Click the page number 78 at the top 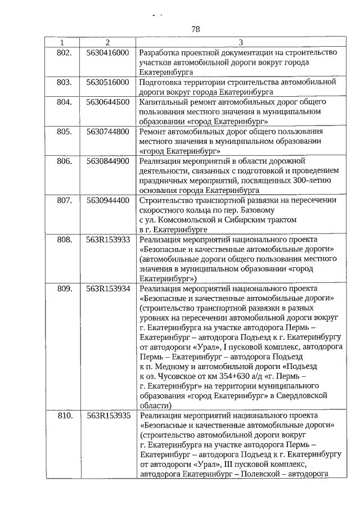tap(196, 29)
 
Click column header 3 tap(241, 42)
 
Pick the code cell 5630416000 tap(108, 52)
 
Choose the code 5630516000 tap(108, 82)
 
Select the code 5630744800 tap(108, 131)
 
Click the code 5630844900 tap(108, 161)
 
